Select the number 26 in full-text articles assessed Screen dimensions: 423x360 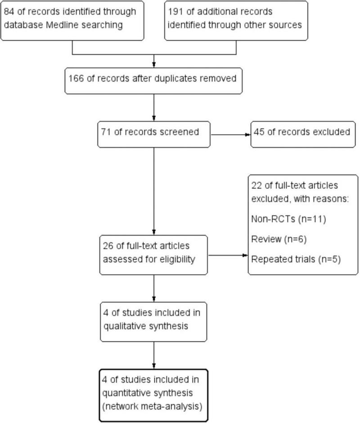coord(109,246)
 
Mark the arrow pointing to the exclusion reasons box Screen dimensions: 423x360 coord(227,255)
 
